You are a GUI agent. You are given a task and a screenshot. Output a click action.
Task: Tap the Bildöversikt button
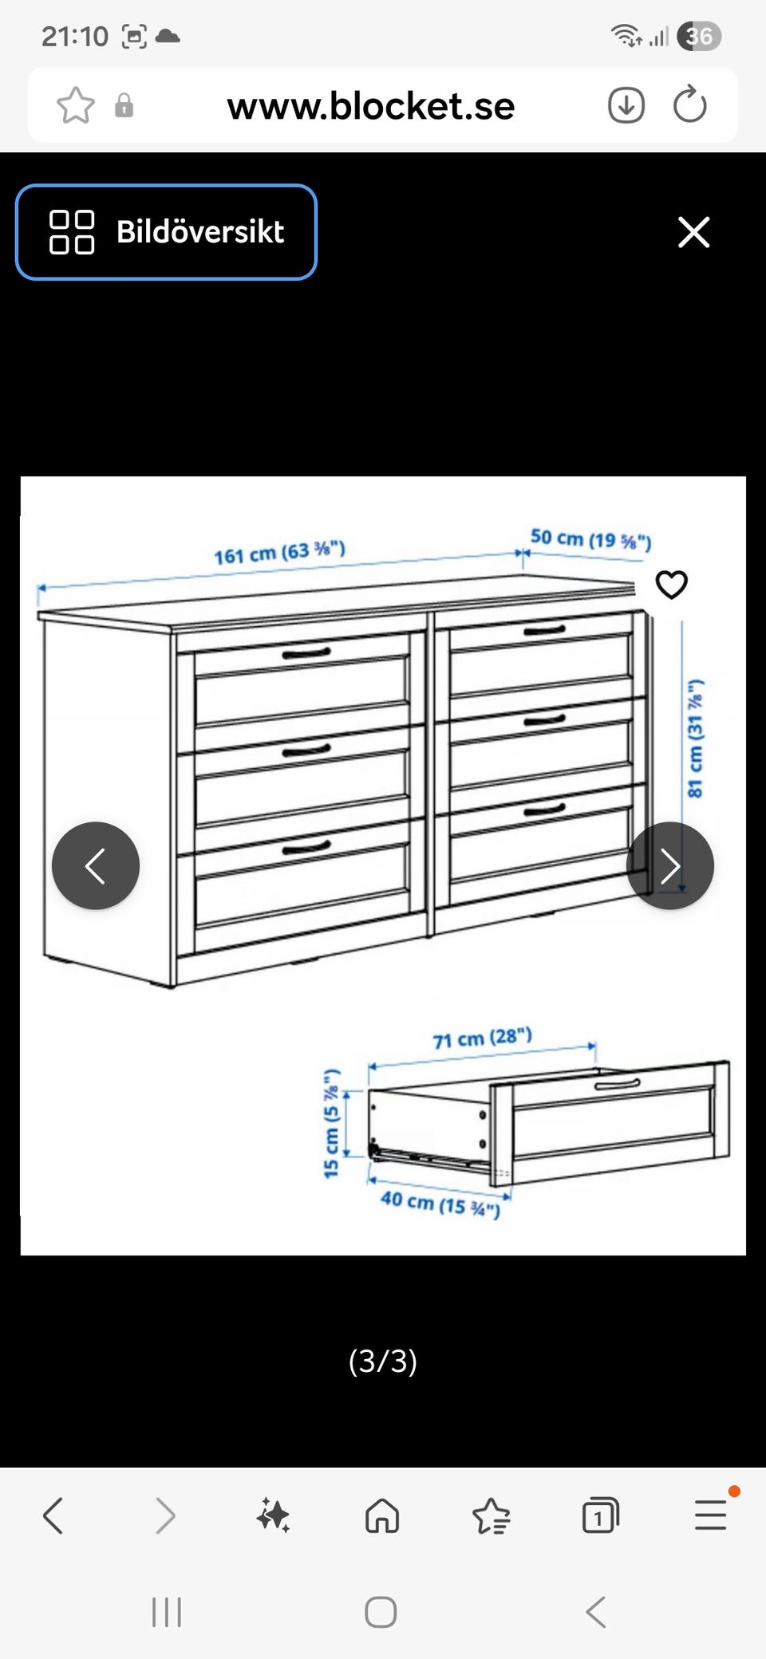[x=166, y=232]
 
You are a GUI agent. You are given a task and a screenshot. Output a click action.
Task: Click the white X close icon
[x=693, y=232]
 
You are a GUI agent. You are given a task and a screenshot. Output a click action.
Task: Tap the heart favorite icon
[x=671, y=585]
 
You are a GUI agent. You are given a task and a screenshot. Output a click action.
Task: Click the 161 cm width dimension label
[x=279, y=552]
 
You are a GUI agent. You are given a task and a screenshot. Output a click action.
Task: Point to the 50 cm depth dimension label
[x=591, y=539]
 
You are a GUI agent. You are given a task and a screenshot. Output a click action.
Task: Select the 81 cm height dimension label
[x=695, y=738]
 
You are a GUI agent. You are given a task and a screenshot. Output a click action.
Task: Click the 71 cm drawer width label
[x=482, y=1038]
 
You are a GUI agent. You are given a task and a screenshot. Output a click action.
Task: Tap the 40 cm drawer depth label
[x=440, y=1204]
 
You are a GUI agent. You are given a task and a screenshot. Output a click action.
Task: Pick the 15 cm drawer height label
[x=332, y=1123]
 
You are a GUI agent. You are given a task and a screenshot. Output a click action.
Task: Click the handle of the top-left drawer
[x=306, y=654]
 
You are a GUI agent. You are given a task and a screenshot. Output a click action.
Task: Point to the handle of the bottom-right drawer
[x=545, y=810]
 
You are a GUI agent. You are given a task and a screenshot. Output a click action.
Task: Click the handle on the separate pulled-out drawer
[x=617, y=1084]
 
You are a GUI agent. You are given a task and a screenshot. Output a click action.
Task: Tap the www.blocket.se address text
[x=371, y=106]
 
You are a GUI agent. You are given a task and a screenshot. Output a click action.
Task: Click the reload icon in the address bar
[x=690, y=104]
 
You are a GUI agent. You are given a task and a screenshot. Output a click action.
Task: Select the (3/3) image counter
[x=383, y=1361]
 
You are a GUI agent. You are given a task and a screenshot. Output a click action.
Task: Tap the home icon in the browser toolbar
[x=382, y=1515]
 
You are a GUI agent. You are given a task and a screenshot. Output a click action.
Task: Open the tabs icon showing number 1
[x=601, y=1515]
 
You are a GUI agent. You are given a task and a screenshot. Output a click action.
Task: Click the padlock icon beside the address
[x=124, y=105]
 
